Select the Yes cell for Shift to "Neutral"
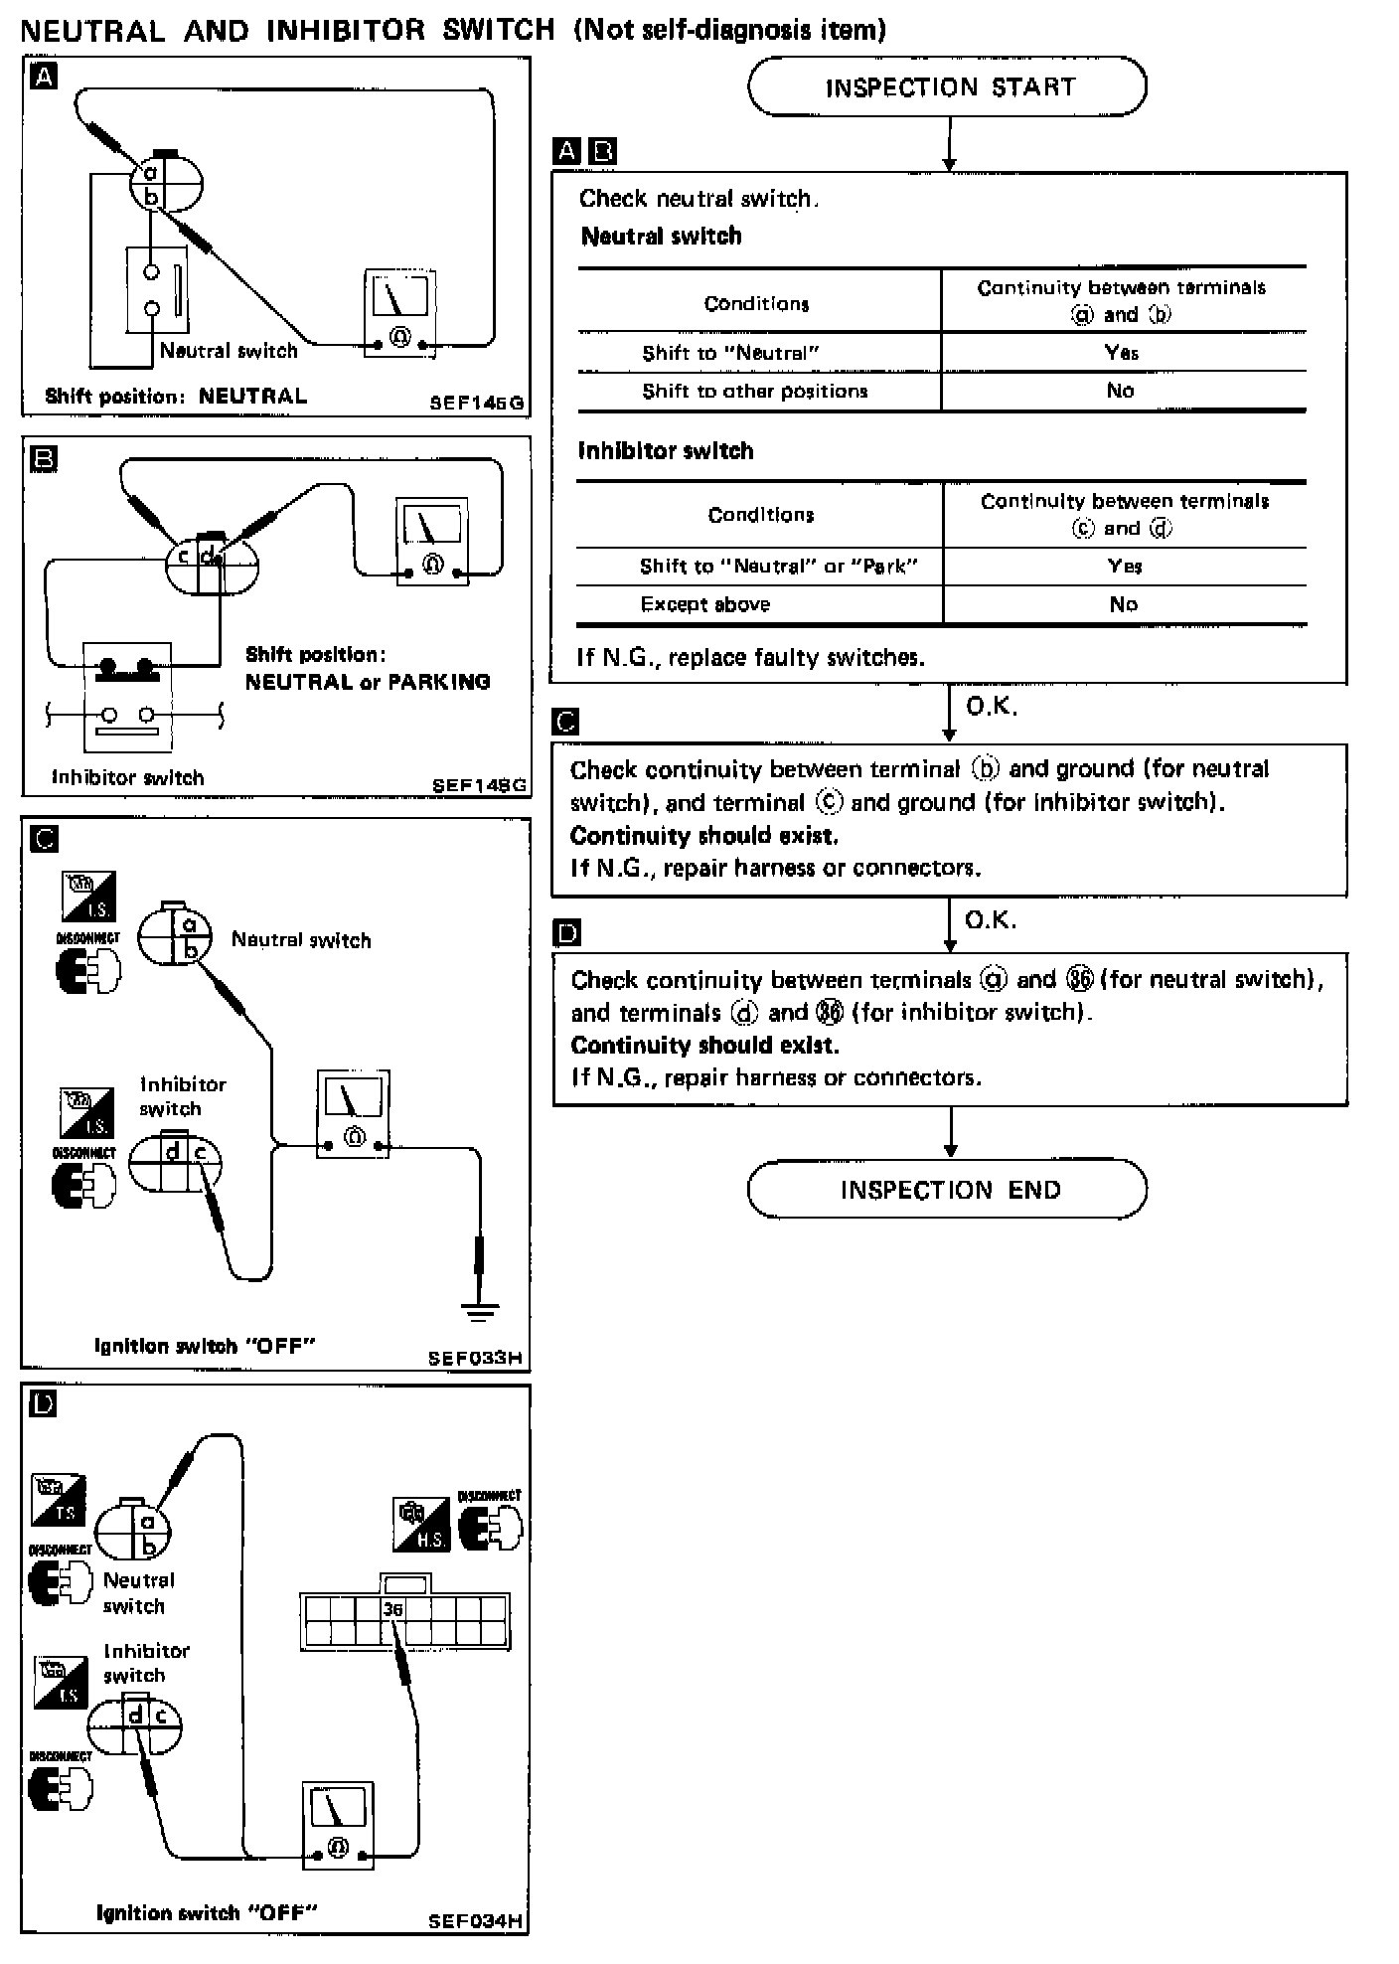(1122, 353)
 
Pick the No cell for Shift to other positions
(1121, 391)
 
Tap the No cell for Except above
(1123, 604)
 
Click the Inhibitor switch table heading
(666, 451)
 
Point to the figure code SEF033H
(475, 1358)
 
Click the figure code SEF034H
(475, 1921)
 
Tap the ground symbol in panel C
(480, 1312)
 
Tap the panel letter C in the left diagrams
(45, 839)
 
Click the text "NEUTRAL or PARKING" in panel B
(368, 682)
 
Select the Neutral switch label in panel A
(229, 351)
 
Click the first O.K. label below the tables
(991, 706)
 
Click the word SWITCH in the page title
(498, 30)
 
